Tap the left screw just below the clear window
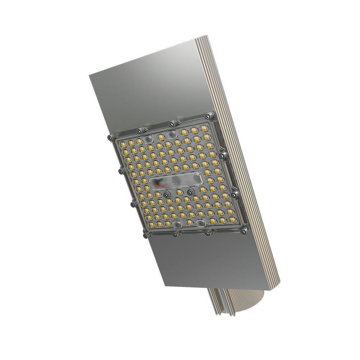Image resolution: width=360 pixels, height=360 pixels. (x=166, y=194)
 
